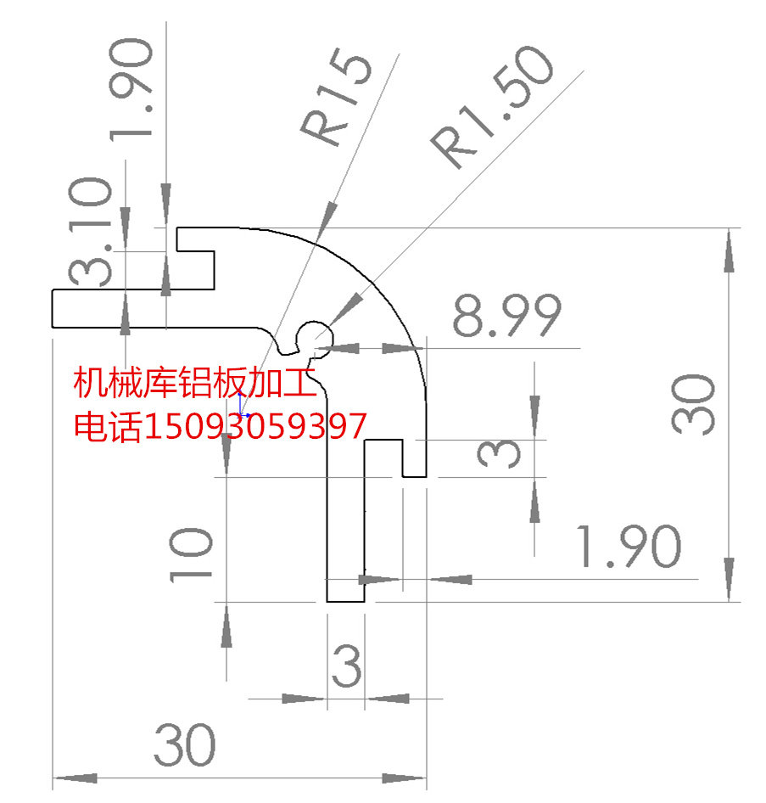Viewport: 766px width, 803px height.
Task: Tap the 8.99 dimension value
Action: coord(506,317)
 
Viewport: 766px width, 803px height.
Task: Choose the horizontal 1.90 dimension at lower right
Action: coord(629,547)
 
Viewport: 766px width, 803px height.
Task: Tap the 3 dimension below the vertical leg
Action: coord(346,666)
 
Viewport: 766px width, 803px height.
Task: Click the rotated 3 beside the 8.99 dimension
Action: coord(498,454)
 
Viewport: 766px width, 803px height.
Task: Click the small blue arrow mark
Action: coord(242,406)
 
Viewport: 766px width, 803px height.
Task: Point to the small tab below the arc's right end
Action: coord(413,458)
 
